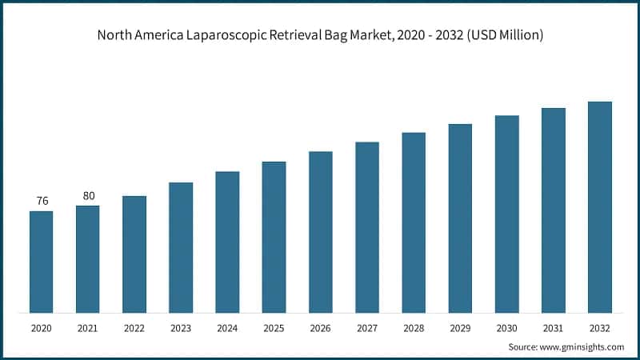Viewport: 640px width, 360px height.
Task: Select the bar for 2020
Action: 41,262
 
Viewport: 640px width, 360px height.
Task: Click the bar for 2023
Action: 181,247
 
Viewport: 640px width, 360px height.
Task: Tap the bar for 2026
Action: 320,232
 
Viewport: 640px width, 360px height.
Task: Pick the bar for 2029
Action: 460,218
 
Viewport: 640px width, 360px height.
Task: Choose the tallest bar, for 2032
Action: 599,207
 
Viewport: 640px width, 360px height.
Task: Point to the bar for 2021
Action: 87,259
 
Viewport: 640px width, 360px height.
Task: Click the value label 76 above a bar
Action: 42,201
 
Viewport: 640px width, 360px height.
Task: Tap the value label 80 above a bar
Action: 88,195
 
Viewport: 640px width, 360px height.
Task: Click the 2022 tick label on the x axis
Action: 134,329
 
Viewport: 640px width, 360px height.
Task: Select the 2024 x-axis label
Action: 227,329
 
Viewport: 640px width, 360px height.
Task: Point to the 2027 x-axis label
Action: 366,329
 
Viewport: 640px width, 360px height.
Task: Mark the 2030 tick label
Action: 506,329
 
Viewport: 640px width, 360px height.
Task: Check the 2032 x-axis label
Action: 599,329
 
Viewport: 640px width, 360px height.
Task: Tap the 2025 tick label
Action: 274,329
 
